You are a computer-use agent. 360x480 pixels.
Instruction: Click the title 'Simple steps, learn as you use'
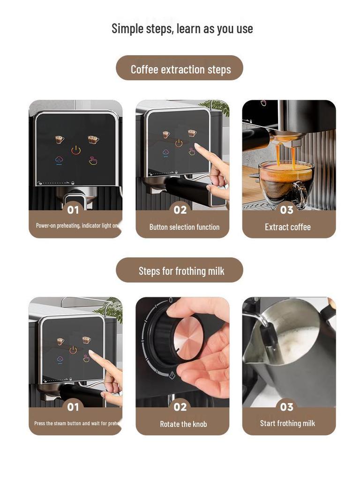point(182,29)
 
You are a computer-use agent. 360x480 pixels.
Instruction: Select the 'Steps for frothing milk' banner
point(180,271)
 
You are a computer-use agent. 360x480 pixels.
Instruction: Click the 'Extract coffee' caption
point(287,227)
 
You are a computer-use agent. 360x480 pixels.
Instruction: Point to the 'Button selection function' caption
point(184,227)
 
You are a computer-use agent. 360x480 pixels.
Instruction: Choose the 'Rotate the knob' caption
point(183,424)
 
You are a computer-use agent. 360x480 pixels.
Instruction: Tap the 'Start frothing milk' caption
point(287,423)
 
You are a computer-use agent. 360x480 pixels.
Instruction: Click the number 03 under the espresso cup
point(287,210)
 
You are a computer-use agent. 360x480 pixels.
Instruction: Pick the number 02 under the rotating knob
point(180,407)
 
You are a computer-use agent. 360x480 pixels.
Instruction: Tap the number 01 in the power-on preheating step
point(73,210)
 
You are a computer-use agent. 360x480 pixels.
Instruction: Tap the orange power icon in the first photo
point(75,150)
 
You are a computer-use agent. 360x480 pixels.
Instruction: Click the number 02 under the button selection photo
point(180,210)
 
